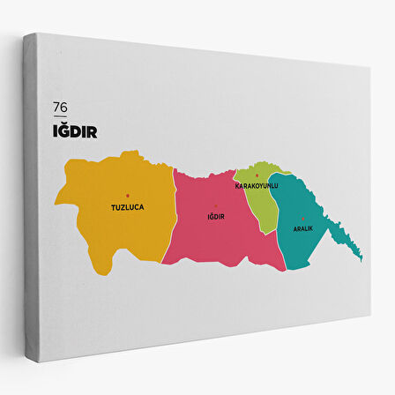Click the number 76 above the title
click(60, 108)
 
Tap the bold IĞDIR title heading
click(75, 132)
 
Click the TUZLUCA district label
click(127, 207)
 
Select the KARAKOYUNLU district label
click(257, 186)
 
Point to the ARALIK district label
click(302, 229)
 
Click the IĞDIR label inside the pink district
click(216, 216)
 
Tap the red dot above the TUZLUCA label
click(128, 196)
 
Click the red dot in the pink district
click(216, 206)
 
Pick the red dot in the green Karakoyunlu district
click(257, 175)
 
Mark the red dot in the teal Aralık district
click(302, 218)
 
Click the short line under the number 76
click(60, 118)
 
